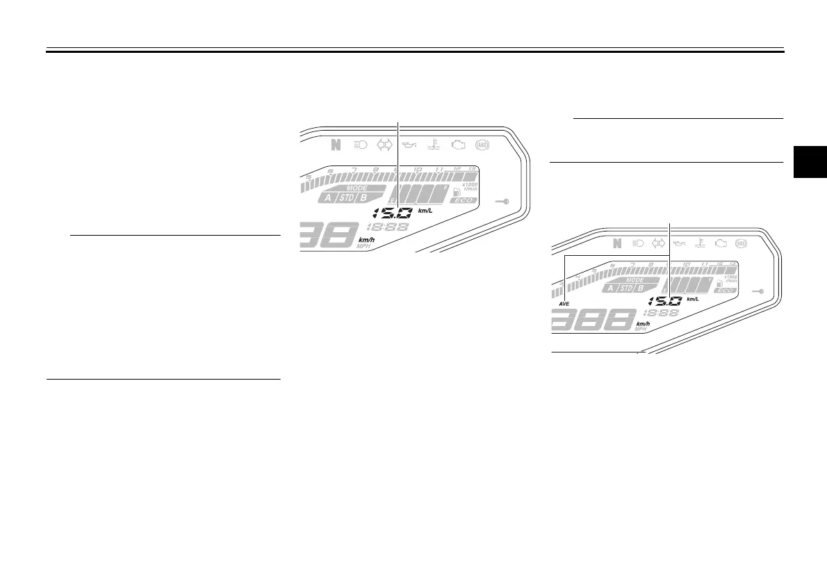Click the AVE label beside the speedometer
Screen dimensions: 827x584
(x=564, y=305)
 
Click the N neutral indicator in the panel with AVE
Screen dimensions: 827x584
(x=616, y=243)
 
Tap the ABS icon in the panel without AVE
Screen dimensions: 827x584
(x=480, y=145)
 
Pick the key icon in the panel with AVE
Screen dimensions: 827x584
(x=758, y=293)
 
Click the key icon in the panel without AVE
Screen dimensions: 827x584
(x=502, y=201)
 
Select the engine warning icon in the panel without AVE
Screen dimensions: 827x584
(x=457, y=145)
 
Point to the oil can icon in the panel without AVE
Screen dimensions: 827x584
(x=408, y=145)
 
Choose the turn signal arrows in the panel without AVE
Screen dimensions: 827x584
(x=384, y=145)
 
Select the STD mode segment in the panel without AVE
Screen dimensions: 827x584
(x=345, y=197)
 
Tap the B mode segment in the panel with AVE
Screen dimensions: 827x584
(x=641, y=288)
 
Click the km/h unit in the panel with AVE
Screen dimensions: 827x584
(x=643, y=324)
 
